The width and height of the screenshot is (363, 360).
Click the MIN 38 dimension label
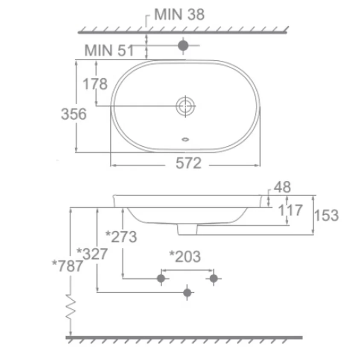click(179, 15)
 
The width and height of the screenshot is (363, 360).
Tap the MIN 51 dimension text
click(109, 50)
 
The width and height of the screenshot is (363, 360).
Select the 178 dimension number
click(95, 84)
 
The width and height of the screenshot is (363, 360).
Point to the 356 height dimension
click(73, 114)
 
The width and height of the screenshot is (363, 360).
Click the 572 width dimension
click(188, 163)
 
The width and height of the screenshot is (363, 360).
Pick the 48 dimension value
click(282, 187)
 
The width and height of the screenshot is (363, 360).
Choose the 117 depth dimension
click(290, 210)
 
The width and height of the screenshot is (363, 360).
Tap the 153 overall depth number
click(326, 215)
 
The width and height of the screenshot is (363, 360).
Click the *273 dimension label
click(121, 237)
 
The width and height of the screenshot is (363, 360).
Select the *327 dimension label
click(92, 254)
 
